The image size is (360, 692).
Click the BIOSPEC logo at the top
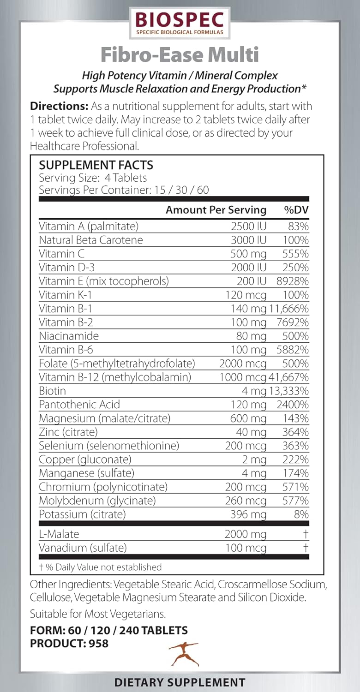(x=180, y=22)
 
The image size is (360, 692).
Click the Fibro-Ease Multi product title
(x=180, y=55)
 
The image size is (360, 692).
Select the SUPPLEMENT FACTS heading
(x=96, y=165)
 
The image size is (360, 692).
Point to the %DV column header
(x=296, y=210)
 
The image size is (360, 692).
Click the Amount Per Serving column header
(x=216, y=210)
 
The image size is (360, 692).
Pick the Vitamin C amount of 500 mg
(x=249, y=254)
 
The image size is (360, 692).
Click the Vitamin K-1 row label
(x=65, y=295)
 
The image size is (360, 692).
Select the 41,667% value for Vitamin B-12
(x=288, y=377)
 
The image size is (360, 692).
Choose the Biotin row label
(x=52, y=391)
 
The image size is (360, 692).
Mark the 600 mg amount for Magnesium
(x=249, y=418)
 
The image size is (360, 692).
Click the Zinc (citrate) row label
(x=68, y=432)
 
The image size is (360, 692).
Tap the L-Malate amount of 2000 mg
(x=246, y=534)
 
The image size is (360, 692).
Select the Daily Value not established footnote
(x=100, y=567)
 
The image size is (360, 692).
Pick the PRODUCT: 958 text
(x=69, y=643)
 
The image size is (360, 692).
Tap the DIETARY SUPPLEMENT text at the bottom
(x=180, y=682)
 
